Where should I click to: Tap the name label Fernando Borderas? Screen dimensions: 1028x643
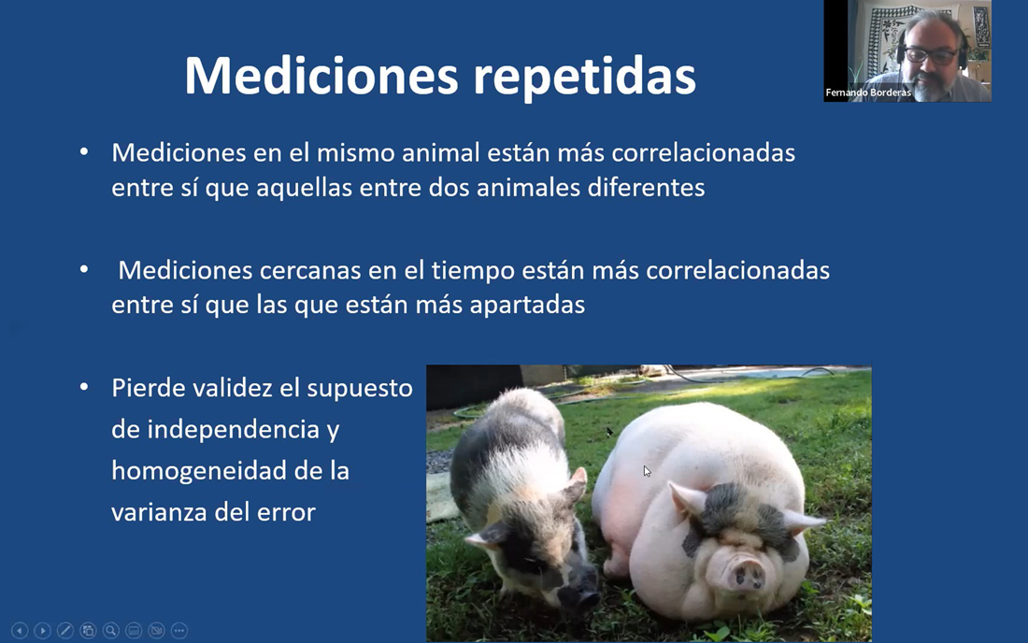868,93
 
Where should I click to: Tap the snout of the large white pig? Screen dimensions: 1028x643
742,572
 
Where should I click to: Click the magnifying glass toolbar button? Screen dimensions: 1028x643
111,631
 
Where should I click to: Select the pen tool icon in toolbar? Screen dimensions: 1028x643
64,631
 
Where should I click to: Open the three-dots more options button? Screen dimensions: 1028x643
179,631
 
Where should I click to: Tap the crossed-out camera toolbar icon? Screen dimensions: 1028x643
156,631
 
